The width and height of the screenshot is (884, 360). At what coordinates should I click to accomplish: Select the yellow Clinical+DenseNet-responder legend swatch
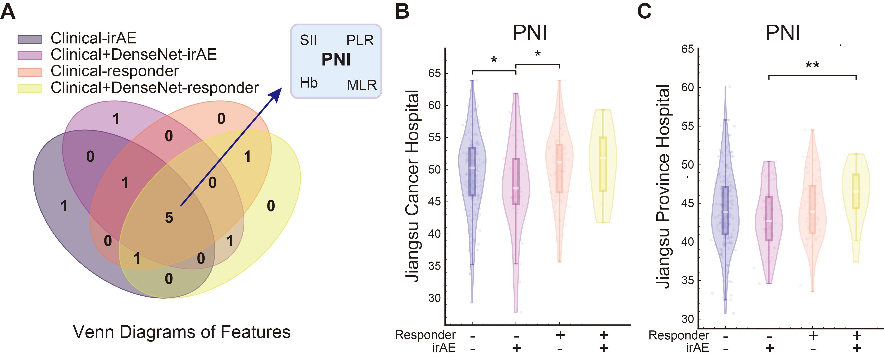coord(30,89)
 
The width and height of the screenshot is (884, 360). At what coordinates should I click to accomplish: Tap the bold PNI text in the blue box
coord(336,60)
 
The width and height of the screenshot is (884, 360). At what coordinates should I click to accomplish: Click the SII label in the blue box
coord(308,40)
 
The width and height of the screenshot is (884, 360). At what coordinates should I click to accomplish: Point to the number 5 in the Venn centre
coord(169,218)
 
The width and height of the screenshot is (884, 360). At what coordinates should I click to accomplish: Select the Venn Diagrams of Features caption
coord(182,332)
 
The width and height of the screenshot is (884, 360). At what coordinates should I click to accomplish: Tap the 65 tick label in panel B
coord(434,73)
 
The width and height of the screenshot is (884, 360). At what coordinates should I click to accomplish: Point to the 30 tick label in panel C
coord(688,319)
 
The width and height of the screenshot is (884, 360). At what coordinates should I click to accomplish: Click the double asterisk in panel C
coord(812,65)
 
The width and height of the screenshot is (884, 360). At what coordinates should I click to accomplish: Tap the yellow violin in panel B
coord(603,166)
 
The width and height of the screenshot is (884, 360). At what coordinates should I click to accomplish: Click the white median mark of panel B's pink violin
coord(516,188)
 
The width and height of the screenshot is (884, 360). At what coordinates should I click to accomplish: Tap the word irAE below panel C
coord(698,348)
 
